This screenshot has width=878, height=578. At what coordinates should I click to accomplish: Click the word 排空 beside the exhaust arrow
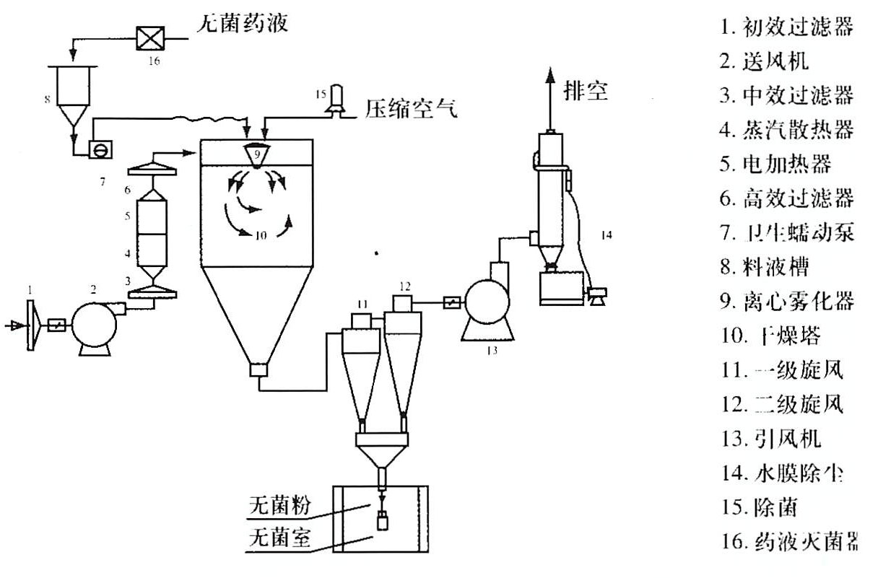pos(586,92)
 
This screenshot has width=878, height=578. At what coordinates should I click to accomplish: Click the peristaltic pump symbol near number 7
pos(97,149)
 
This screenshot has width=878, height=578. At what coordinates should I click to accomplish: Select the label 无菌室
pos(279,538)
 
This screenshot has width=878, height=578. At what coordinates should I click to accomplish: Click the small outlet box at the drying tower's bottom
pos(257,371)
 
